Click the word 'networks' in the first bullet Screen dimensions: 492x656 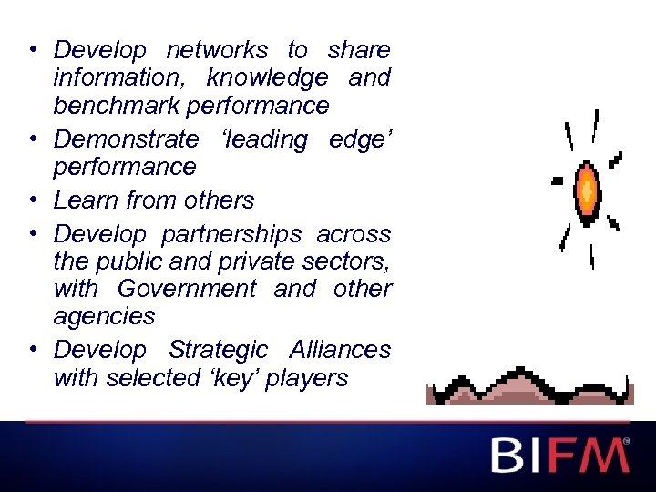pos(217,50)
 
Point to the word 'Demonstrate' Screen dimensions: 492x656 pos(126,139)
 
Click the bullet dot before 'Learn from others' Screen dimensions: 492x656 pos(32,200)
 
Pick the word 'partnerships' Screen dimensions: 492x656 pos(230,234)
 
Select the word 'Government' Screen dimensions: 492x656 pos(187,290)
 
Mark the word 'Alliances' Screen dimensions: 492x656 pos(340,350)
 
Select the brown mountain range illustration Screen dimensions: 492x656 pos(529,386)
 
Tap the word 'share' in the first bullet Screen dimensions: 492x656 pos(359,50)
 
